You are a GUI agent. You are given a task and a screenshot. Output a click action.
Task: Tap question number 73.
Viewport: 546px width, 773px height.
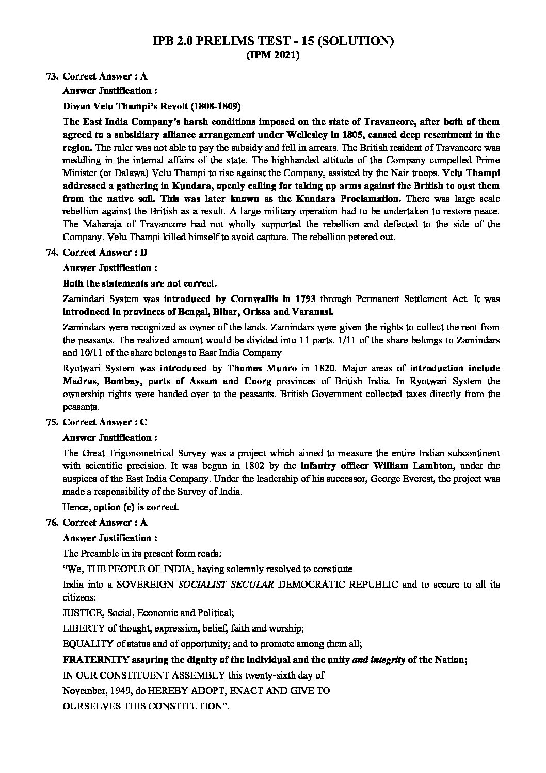point(51,76)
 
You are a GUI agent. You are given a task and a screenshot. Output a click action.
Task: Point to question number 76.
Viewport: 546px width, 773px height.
point(51,523)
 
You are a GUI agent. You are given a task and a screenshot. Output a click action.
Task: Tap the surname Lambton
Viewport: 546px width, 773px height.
point(429,466)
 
